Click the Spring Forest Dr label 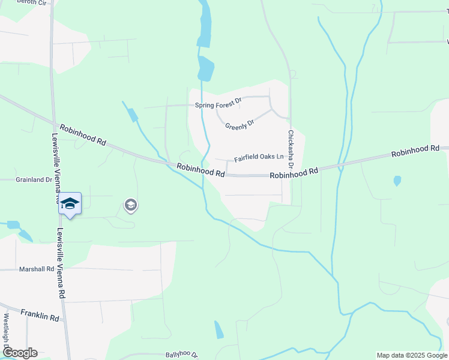click(217, 105)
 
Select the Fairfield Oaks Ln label click(258, 158)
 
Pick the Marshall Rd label click(36, 269)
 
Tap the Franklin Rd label click(40, 315)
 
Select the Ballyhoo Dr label click(181, 355)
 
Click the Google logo click(19, 353)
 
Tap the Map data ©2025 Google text click(411, 355)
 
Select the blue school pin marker click(70, 203)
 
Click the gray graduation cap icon click(130, 206)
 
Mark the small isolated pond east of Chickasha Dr click(397, 181)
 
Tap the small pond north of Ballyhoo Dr click(219, 329)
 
